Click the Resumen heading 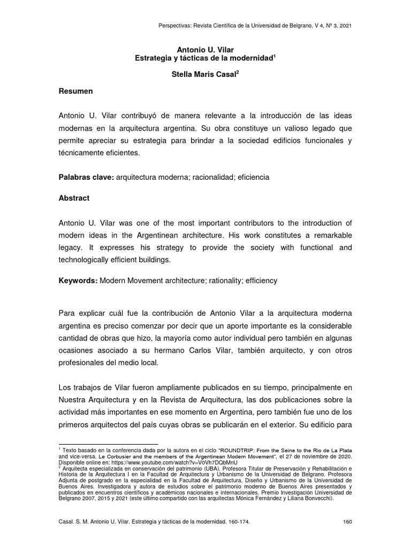(x=75, y=92)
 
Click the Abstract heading (x=74, y=198)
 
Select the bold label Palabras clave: (x=86, y=177)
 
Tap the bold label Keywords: (x=78, y=280)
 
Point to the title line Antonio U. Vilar (x=205, y=49)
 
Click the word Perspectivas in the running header (x=176, y=26)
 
